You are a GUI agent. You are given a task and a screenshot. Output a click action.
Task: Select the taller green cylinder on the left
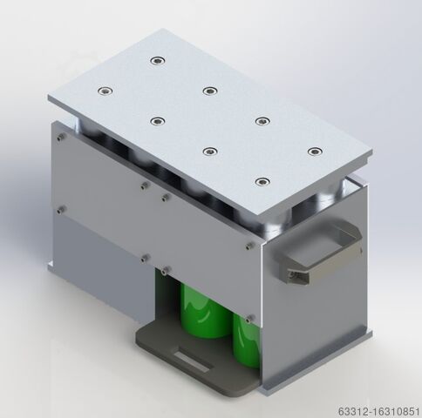pyautogui.click(x=203, y=311)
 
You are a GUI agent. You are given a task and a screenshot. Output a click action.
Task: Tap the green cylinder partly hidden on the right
pyautogui.click(x=247, y=341)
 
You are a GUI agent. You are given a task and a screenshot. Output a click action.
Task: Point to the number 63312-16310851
pyautogui.click(x=378, y=411)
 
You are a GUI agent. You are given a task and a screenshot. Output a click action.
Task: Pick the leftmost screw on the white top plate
pyautogui.click(x=105, y=91)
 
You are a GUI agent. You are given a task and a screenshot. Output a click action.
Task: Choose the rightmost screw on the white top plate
pyautogui.click(x=315, y=152)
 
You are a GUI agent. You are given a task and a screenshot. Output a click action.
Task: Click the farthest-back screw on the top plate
pyautogui.click(x=158, y=61)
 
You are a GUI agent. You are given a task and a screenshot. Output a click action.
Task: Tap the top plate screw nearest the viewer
pyautogui.click(x=262, y=182)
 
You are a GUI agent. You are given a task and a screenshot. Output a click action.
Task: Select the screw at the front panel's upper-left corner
pyautogui.click(x=61, y=137)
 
